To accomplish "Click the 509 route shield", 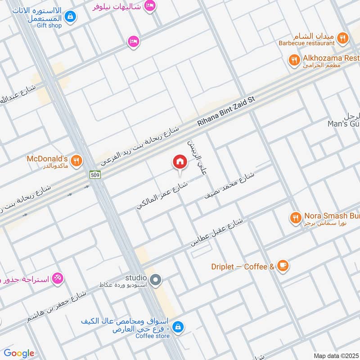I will (94, 175).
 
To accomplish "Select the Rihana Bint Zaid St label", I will (227, 112).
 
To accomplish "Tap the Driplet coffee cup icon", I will (282, 266).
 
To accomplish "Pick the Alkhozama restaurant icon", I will (294, 60).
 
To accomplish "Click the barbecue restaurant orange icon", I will (342, 38).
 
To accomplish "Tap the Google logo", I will (19, 353).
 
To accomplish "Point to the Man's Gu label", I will (343, 123).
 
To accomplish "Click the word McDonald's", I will (47, 158).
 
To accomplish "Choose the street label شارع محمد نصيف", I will (229, 186).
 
